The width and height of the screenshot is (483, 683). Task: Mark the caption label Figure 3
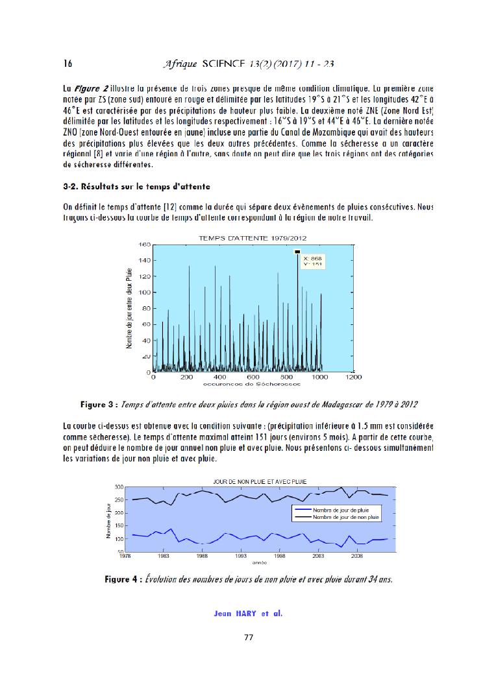click(x=101, y=404)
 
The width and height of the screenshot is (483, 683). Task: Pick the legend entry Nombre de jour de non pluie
click(x=345, y=517)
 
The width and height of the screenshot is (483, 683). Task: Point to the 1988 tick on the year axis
click(x=203, y=556)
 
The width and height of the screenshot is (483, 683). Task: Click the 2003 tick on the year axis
click(x=318, y=556)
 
